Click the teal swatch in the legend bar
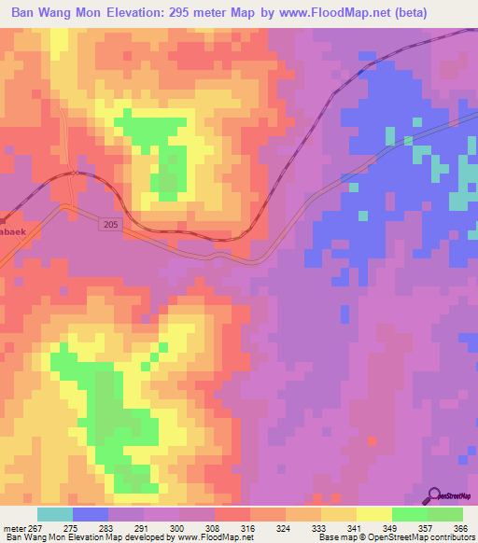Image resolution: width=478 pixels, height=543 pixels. click(x=55, y=514)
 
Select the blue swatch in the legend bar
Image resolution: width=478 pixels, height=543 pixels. click(x=91, y=514)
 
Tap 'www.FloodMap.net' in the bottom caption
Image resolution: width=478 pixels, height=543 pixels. click(x=217, y=537)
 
